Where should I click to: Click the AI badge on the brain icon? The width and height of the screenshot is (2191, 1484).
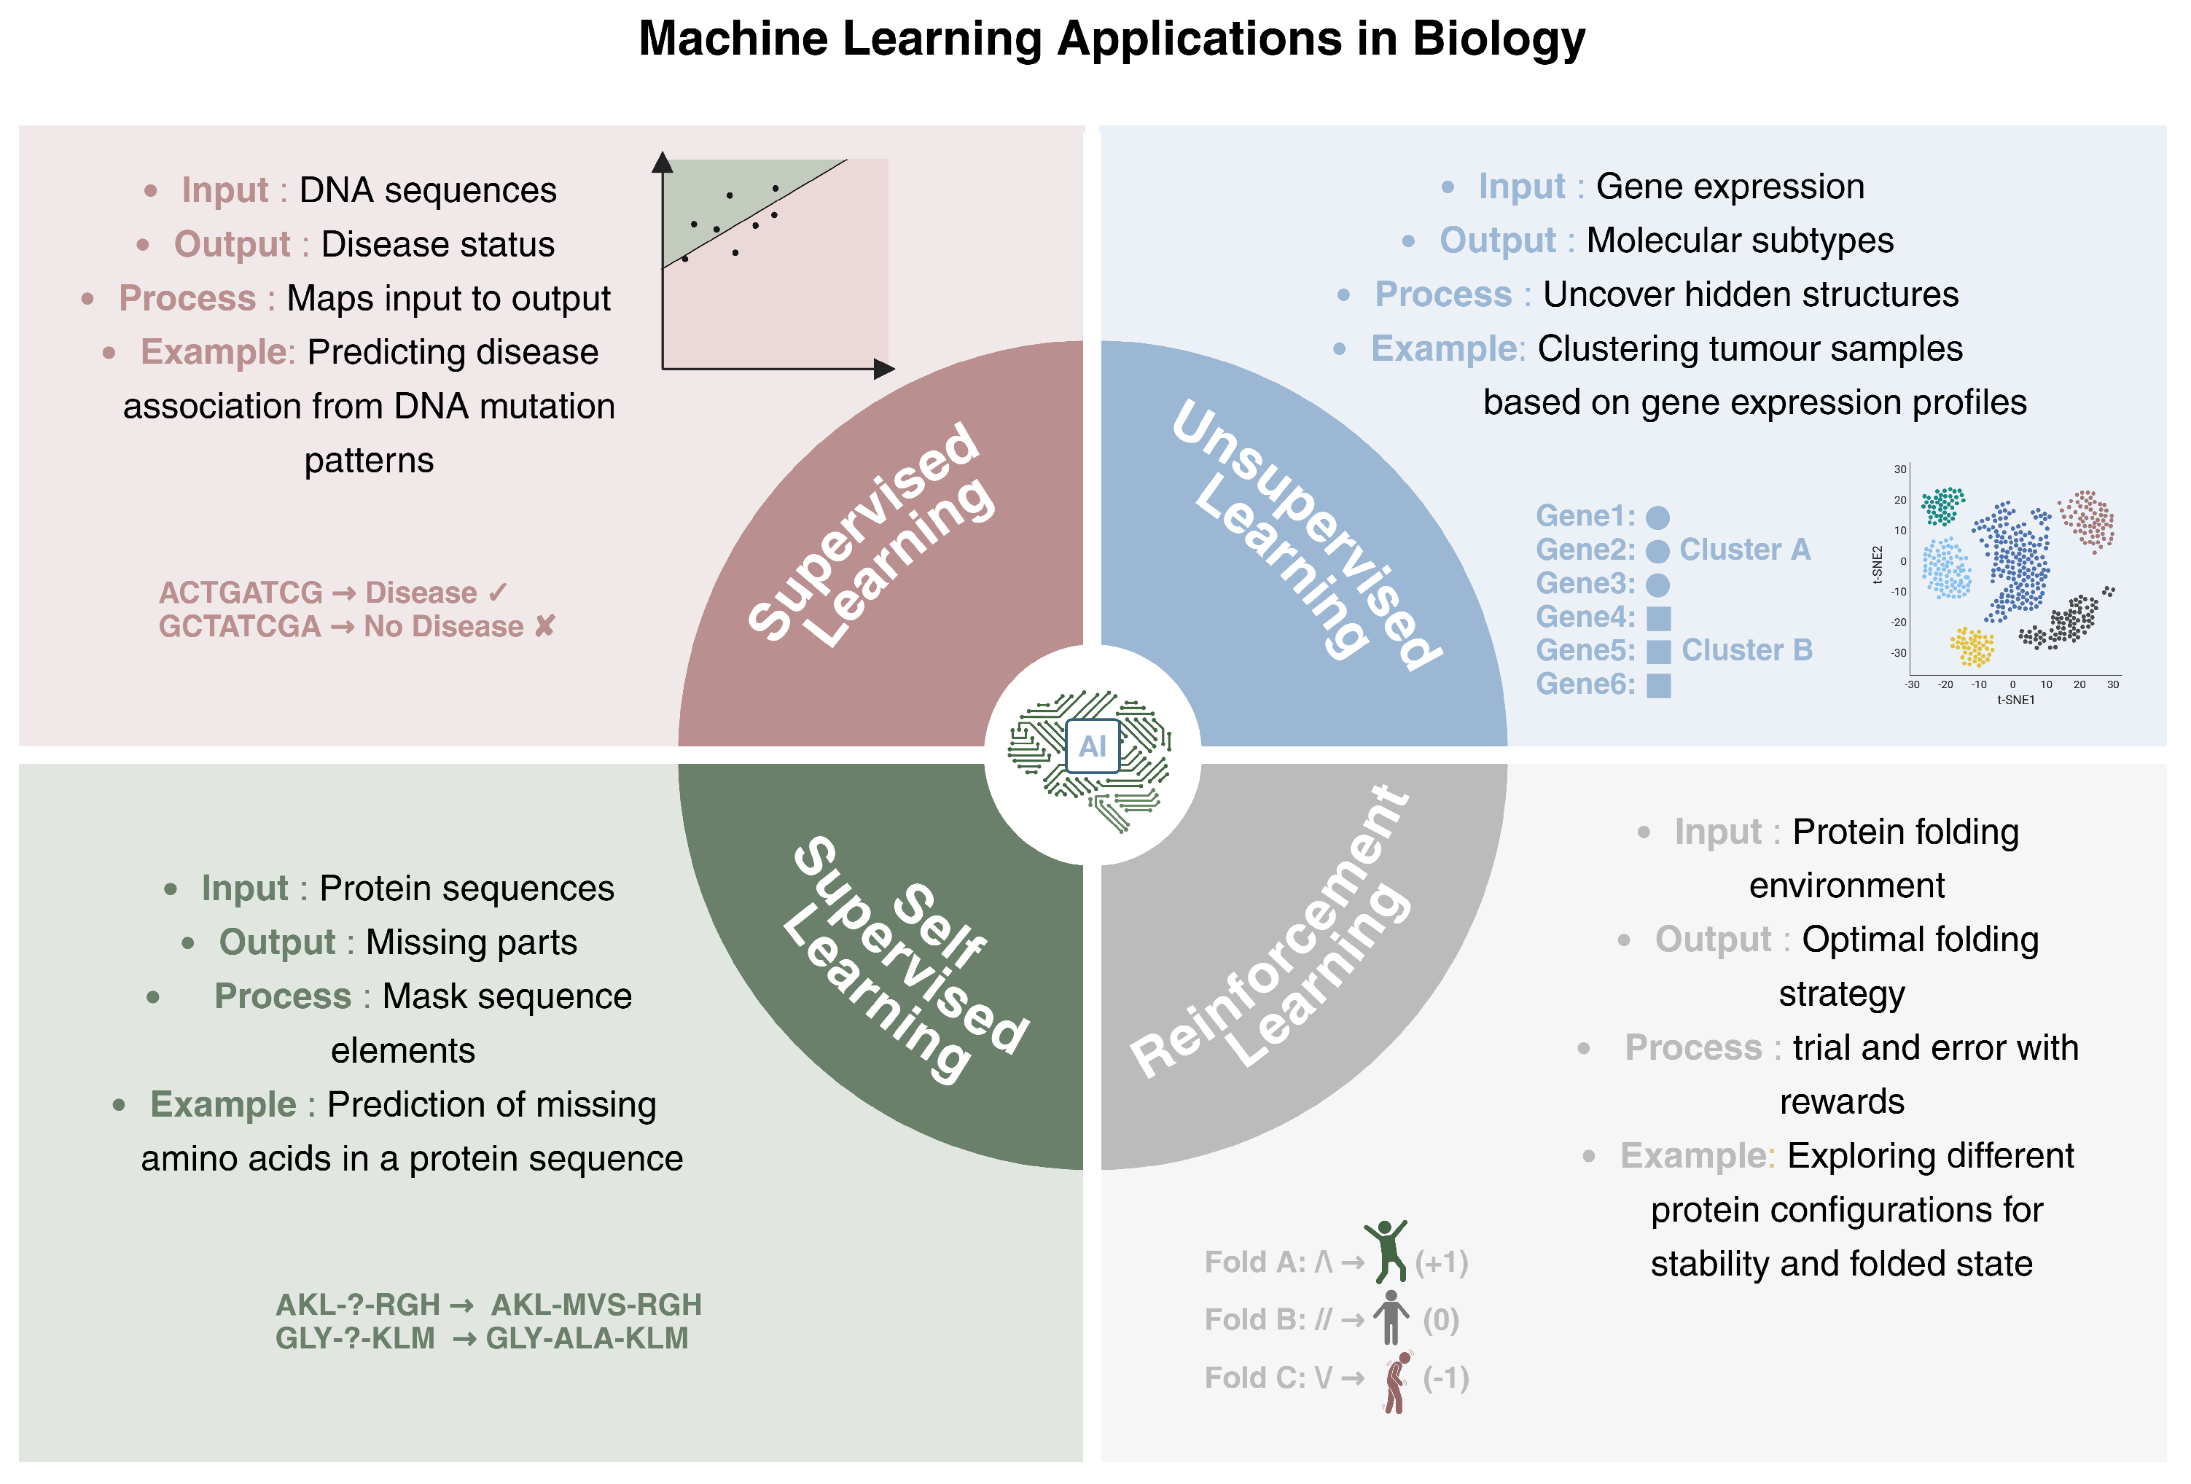[1092, 746]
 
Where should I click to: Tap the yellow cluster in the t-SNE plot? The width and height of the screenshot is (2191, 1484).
[1972, 647]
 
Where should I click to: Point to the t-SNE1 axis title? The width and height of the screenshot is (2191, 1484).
[2015, 700]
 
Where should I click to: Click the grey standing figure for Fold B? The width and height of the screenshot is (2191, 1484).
[1391, 1317]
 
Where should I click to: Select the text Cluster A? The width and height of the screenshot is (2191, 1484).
[1744, 549]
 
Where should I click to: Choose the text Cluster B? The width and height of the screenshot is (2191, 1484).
[1746, 649]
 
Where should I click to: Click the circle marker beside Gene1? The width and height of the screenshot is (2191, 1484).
[1657, 517]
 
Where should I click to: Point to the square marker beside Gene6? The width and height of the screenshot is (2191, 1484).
[1658, 685]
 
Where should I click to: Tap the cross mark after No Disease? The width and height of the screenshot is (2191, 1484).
[544, 626]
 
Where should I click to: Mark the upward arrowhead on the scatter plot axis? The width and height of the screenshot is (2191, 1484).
[663, 162]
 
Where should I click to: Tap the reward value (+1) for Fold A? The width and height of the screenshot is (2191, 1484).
[1442, 1262]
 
